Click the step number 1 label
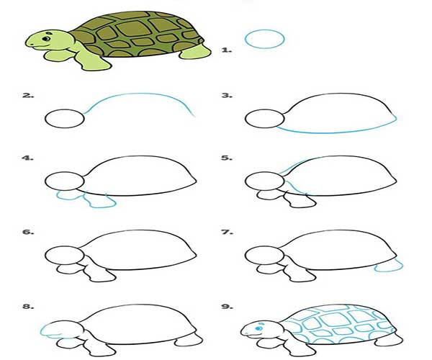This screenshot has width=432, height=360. pos(227,50)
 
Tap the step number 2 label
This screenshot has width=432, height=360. pos(28,96)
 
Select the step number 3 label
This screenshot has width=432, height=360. pos(227,96)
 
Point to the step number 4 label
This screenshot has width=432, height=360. pos(27,158)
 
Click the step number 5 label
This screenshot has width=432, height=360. pos(227,158)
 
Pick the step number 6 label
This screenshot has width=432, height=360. pos(28,232)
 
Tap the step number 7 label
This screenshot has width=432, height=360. pos(228,232)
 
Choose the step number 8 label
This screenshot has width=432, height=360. pos(28,306)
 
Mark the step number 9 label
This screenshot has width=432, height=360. pos(228,306)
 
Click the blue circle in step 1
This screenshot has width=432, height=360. pos(264,30)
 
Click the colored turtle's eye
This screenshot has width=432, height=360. pos(46,38)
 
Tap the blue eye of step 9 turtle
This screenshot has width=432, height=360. pos(258,328)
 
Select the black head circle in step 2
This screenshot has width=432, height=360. pos(65,109)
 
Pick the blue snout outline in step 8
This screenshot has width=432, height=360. pos(42,330)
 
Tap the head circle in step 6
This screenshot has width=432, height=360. pos(65,247)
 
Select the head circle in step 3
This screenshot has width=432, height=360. pos(264,109)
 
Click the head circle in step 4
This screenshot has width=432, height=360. pos(65,172)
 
